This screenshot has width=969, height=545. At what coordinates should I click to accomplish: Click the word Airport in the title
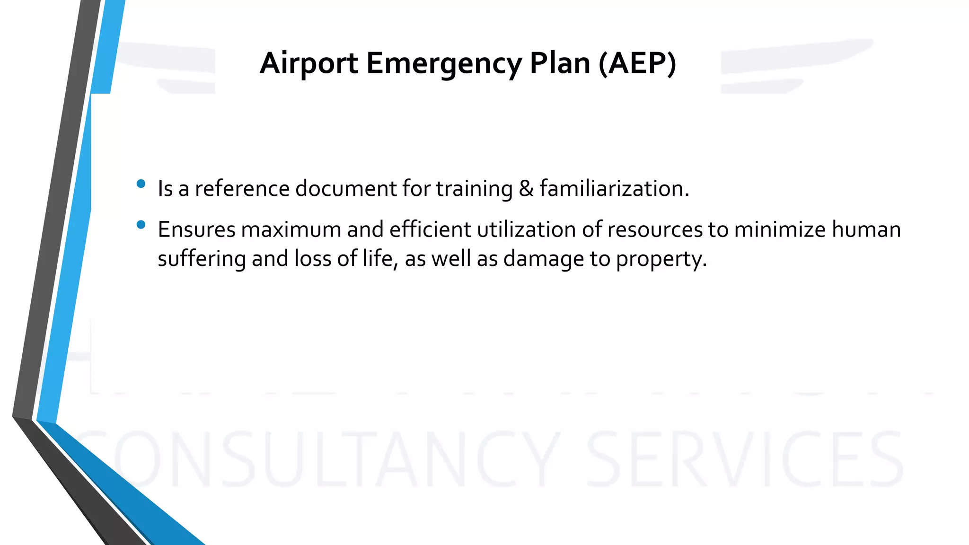point(308,63)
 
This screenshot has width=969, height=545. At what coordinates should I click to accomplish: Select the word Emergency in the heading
point(443,63)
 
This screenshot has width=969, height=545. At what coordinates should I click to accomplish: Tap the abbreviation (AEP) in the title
point(637,63)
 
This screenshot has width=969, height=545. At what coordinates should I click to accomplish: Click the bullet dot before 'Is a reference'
point(141,184)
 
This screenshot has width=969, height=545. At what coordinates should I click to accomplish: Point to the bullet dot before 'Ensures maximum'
point(141,225)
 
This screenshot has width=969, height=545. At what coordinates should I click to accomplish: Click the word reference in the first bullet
point(242,189)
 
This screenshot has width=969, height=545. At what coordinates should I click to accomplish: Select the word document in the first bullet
point(346,189)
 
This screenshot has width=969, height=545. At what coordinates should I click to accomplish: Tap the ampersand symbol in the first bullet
point(526,189)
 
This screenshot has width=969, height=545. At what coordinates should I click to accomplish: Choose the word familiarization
point(614,189)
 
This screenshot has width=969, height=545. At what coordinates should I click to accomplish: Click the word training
point(474,189)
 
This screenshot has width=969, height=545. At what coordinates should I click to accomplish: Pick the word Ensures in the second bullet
point(196,230)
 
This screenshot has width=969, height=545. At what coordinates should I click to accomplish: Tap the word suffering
point(202,259)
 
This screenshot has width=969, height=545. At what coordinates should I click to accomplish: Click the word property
point(661,259)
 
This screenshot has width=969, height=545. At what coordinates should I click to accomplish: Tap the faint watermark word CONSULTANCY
point(317,460)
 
